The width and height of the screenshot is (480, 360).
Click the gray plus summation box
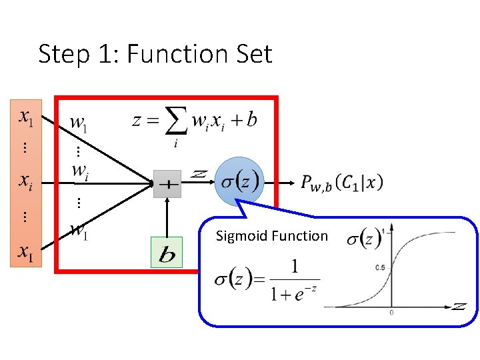pyautogui.click(x=167, y=185)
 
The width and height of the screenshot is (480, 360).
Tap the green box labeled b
pyautogui.click(x=166, y=253)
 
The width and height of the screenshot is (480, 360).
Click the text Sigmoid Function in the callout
pyautogui.click(x=272, y=235)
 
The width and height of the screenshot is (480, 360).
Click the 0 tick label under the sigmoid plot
pyautogui.click(x=391, y=312)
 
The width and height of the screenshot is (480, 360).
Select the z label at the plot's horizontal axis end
pyautogui.click(x=459, y=306)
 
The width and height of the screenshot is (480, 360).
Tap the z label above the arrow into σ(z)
pyautogui.click(x=198, y=173)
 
